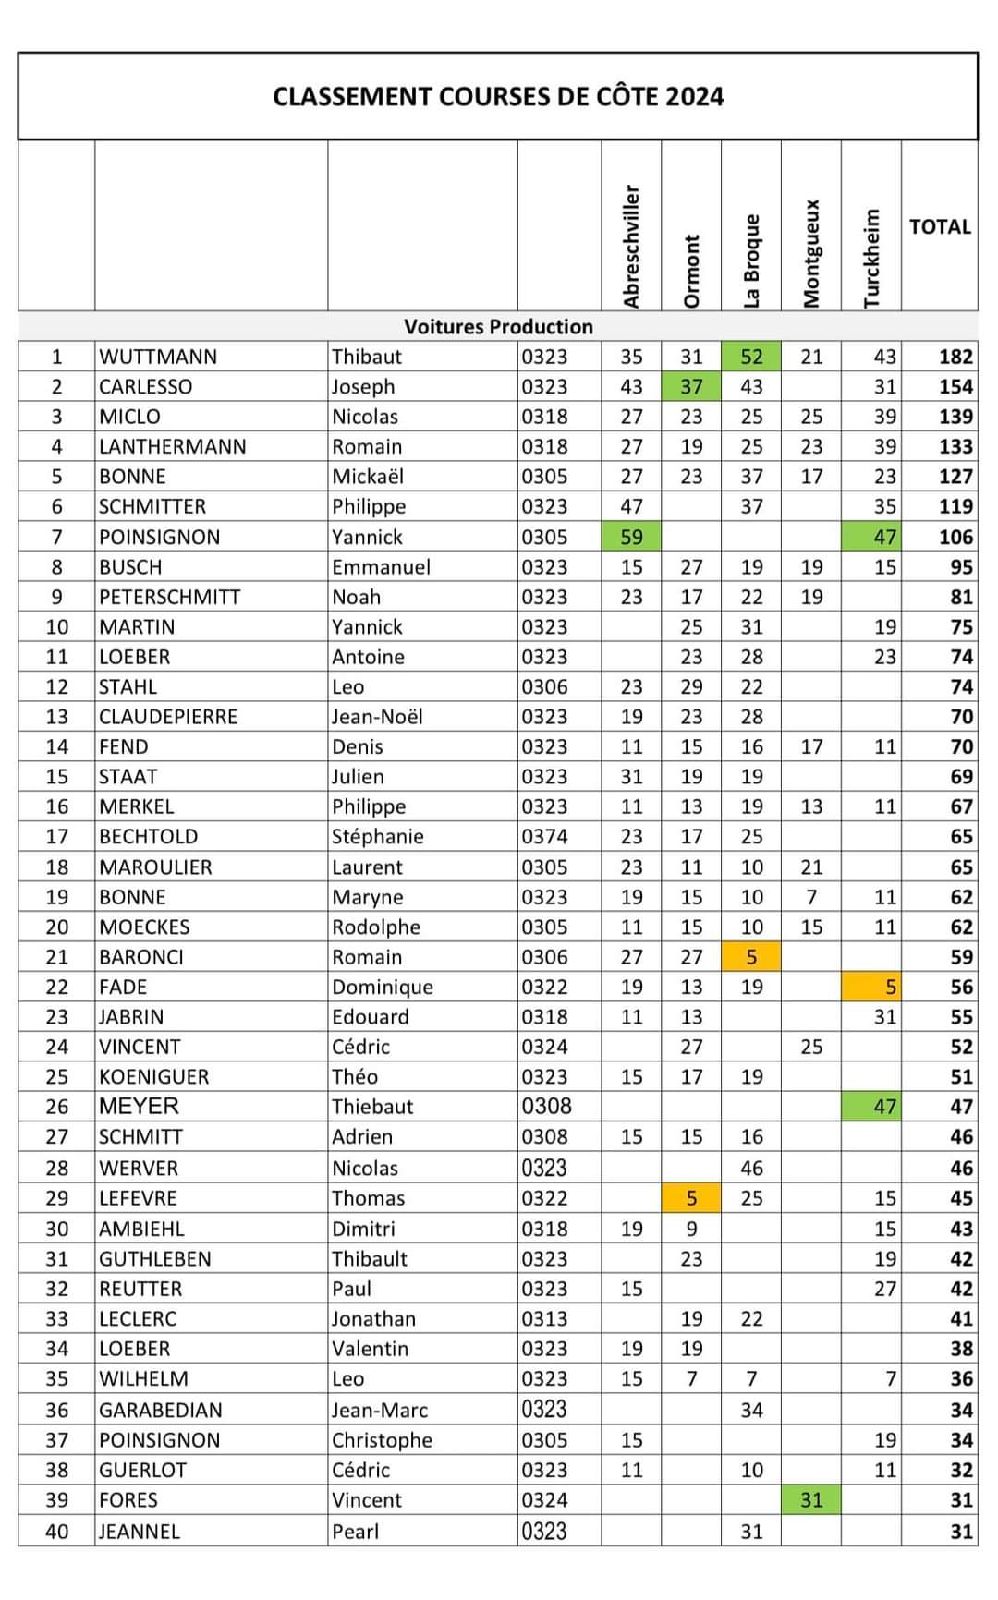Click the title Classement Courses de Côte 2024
[x=498, y=97]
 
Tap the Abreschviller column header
[x=631, y=246]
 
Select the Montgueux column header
[x=811, y=253]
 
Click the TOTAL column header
[x=940, y=227]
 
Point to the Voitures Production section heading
[x=498, y=326]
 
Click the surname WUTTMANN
[x=158, y=357]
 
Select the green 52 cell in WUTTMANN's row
[x=751, y=357]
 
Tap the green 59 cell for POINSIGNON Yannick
[x=631, y=537]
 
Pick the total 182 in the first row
[x=955, y=357]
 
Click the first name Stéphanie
[x=378, y=837]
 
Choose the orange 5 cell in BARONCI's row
[x=751, y=957]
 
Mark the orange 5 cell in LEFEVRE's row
[x=691, y=1198]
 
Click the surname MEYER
[x=139, y=1107]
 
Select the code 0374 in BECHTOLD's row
[x=544, y=837]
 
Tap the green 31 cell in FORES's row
[x=811, y=1500]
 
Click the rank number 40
[x=57, y=1532]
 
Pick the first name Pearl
[x=356, y=1532]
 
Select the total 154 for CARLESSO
[x=955, y=387]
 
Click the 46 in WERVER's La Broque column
[x=751, y=1169]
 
